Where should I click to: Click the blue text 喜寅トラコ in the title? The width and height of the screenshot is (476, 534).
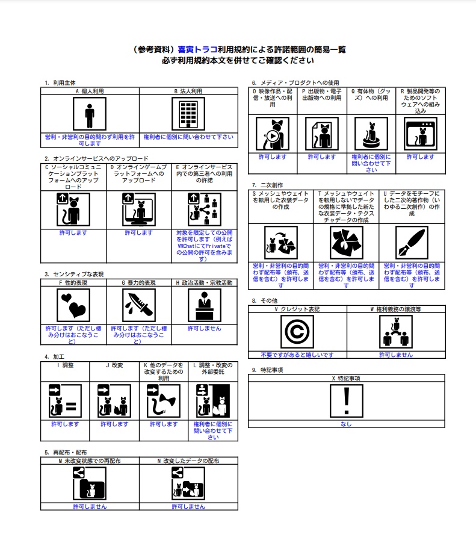tap(197, 50)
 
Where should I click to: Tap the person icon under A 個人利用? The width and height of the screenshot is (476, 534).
tap(90, 114)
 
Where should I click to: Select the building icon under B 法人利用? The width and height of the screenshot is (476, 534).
tap(188, 114)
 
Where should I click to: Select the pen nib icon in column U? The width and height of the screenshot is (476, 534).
tap(412, 243)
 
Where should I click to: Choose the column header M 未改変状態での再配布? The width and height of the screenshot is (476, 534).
tap(90, 461)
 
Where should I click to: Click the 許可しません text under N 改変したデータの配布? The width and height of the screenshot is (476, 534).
tap(188, 506)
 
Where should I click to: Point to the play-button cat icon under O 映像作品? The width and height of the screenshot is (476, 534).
tap(273, 134)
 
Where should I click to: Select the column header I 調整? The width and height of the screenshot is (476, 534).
tap(65, 365)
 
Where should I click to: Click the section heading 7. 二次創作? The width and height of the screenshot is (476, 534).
tap(267, 185)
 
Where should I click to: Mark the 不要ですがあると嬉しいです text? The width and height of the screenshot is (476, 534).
tap(297, 355)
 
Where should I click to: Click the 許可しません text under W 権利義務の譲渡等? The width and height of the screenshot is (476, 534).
tap(396, 355)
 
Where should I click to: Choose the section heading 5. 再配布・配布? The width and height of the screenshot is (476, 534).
tap(65, 452)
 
